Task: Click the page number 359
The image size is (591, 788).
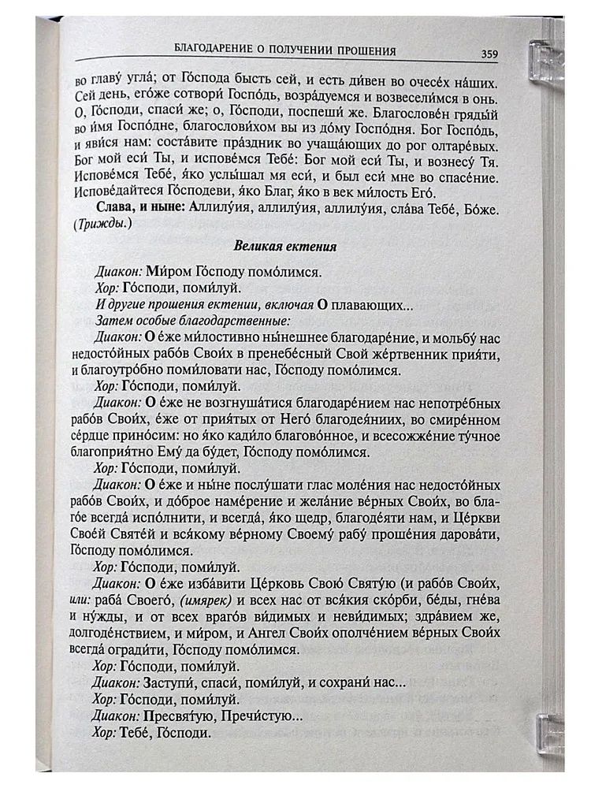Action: (489, 55)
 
